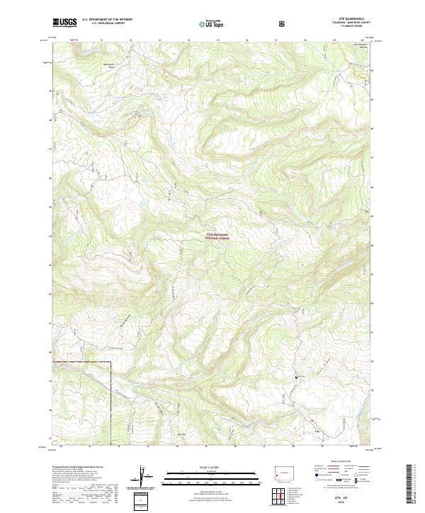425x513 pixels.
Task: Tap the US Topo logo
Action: (x=212, y=24)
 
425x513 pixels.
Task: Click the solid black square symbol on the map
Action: (x=297, y=379)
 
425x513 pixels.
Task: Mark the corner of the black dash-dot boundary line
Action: (x=113, y=362)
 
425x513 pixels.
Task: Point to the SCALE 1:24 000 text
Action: (x=212, y=466)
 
